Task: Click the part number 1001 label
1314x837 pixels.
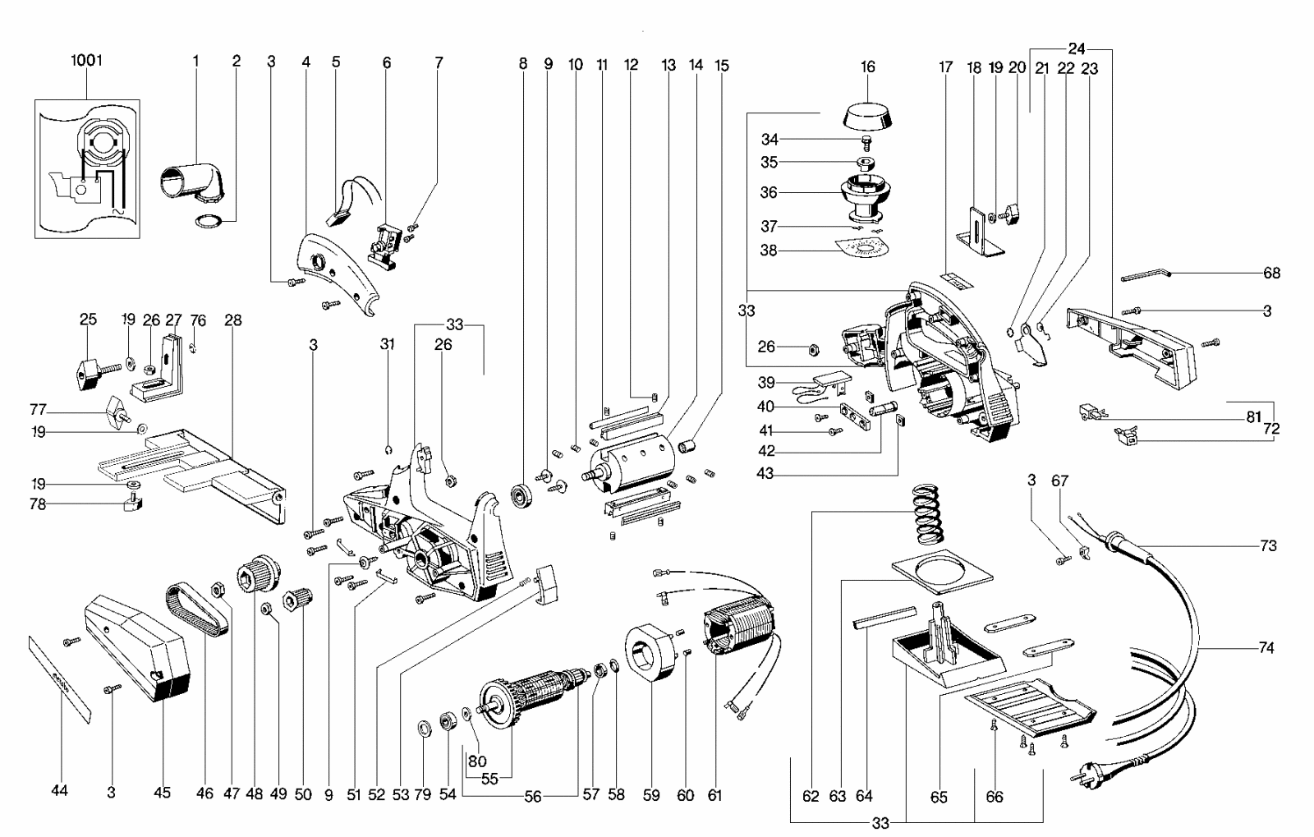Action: click(x=86, y=60)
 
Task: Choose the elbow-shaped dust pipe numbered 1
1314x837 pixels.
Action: click(x=192, y=182)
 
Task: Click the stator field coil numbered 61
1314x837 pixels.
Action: click(x=740, y=628)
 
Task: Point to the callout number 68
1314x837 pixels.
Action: click(x=1272, y=273)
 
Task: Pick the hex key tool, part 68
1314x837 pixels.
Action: click(x=1146, y=274)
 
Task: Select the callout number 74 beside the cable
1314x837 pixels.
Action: click(x=1266, y=647)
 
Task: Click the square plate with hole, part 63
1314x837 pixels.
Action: click(x=942, y=568)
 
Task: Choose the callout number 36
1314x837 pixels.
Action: click(x=769, y=192)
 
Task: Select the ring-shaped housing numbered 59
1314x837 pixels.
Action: click(x=652, y=652)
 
